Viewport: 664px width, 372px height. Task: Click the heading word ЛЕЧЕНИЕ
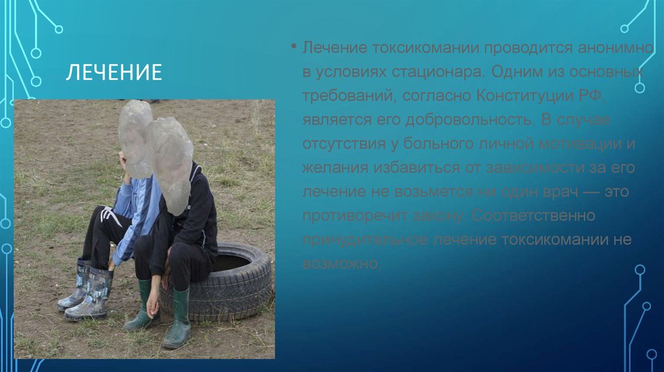click(113, 72)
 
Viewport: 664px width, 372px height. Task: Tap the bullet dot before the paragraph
click(293, 49)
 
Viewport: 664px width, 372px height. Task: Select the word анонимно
click(606, 49)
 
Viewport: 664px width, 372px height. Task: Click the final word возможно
click(341, 263)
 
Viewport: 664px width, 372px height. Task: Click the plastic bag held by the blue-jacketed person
click(135, 137)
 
